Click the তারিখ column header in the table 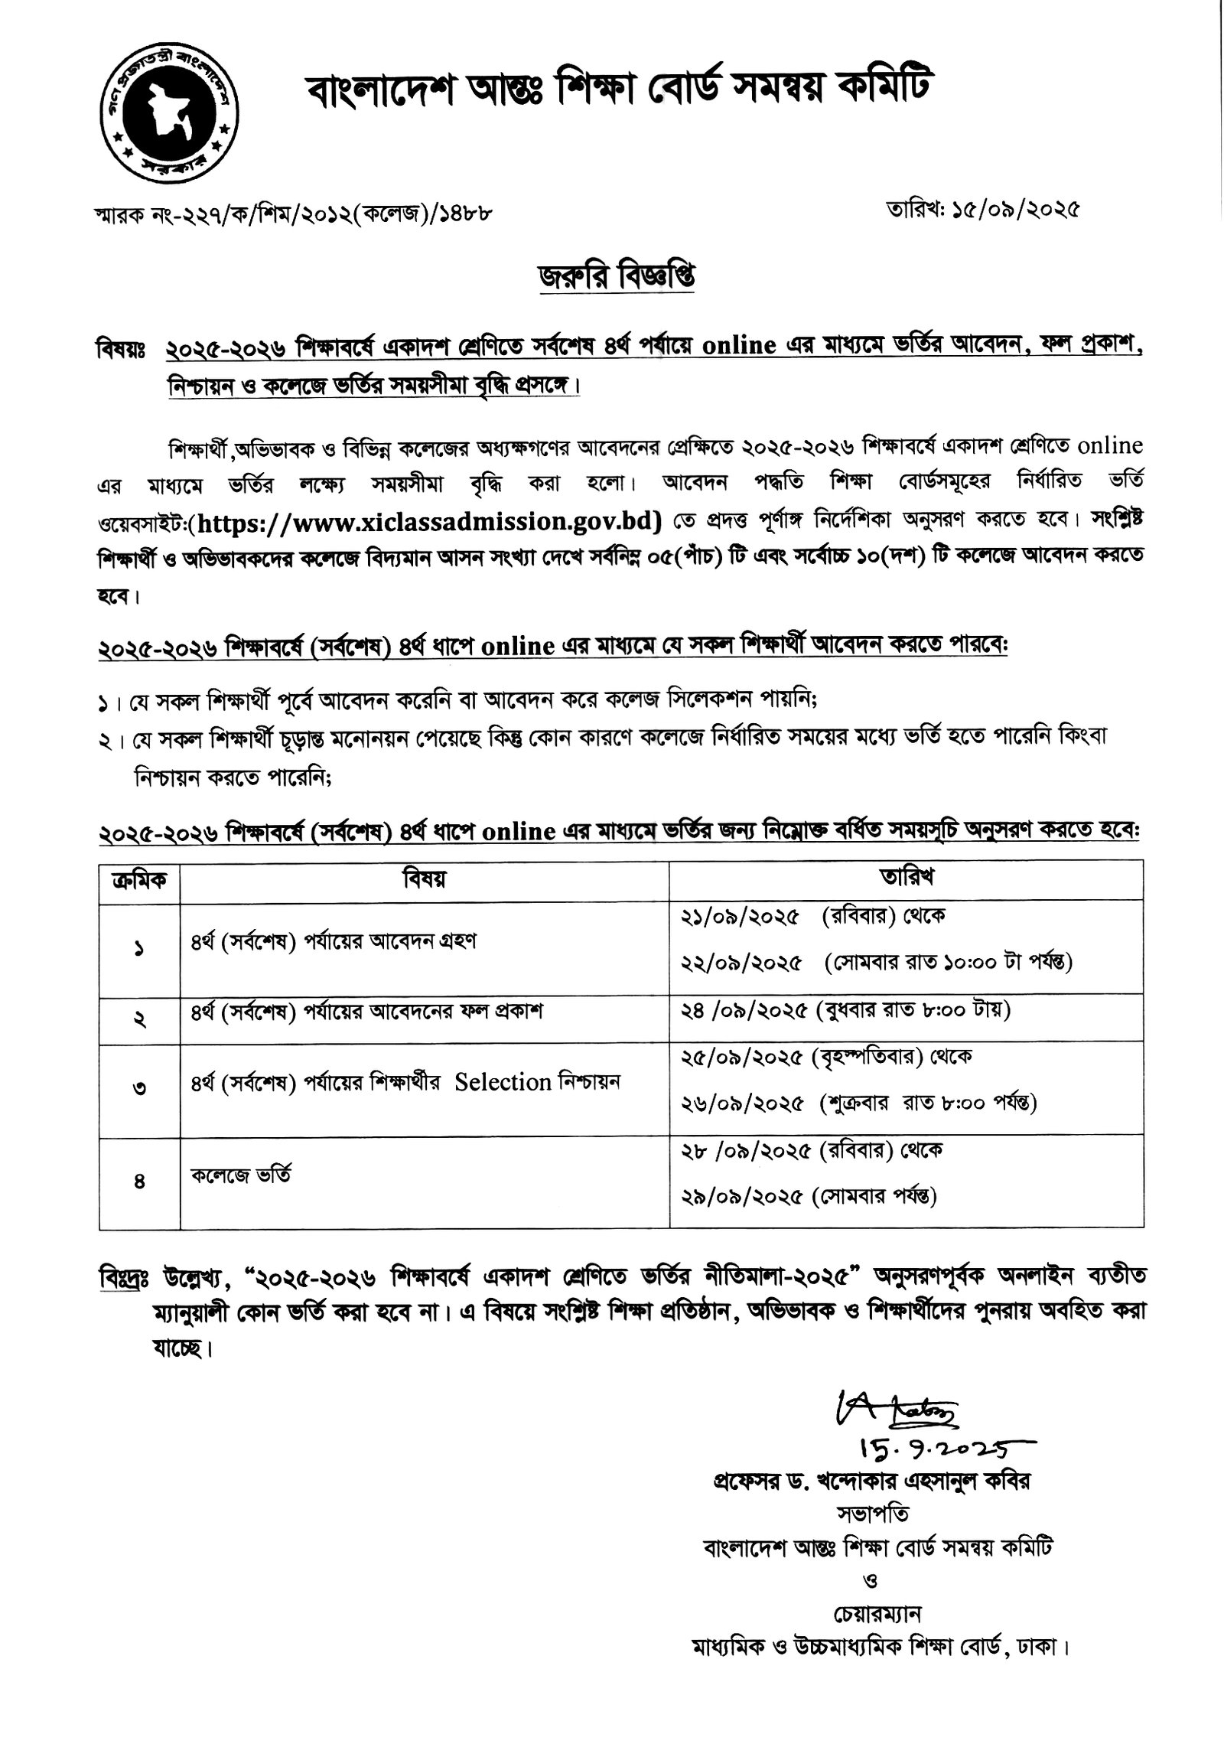click(x=906, y=877)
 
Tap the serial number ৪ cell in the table click(x=139, y=1182)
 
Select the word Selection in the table click(x=503, y=1082)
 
